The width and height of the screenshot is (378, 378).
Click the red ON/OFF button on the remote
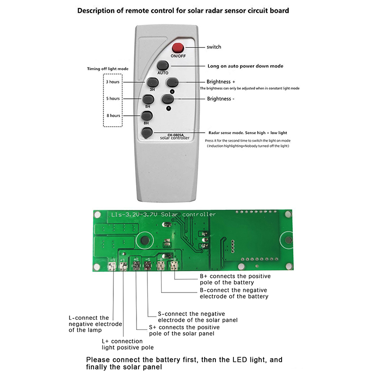178,48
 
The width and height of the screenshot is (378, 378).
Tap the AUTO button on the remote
163,66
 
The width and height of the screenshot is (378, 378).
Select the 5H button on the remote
148,99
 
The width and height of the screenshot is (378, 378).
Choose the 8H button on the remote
146,117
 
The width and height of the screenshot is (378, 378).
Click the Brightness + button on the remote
172,82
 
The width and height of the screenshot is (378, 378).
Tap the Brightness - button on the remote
167,99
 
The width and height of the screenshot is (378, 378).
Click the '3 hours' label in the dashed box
113,82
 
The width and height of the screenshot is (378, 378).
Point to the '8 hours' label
113,115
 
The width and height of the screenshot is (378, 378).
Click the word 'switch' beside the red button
214,47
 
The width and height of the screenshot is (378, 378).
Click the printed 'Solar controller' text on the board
189,215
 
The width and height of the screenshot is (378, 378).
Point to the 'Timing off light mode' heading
107,69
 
